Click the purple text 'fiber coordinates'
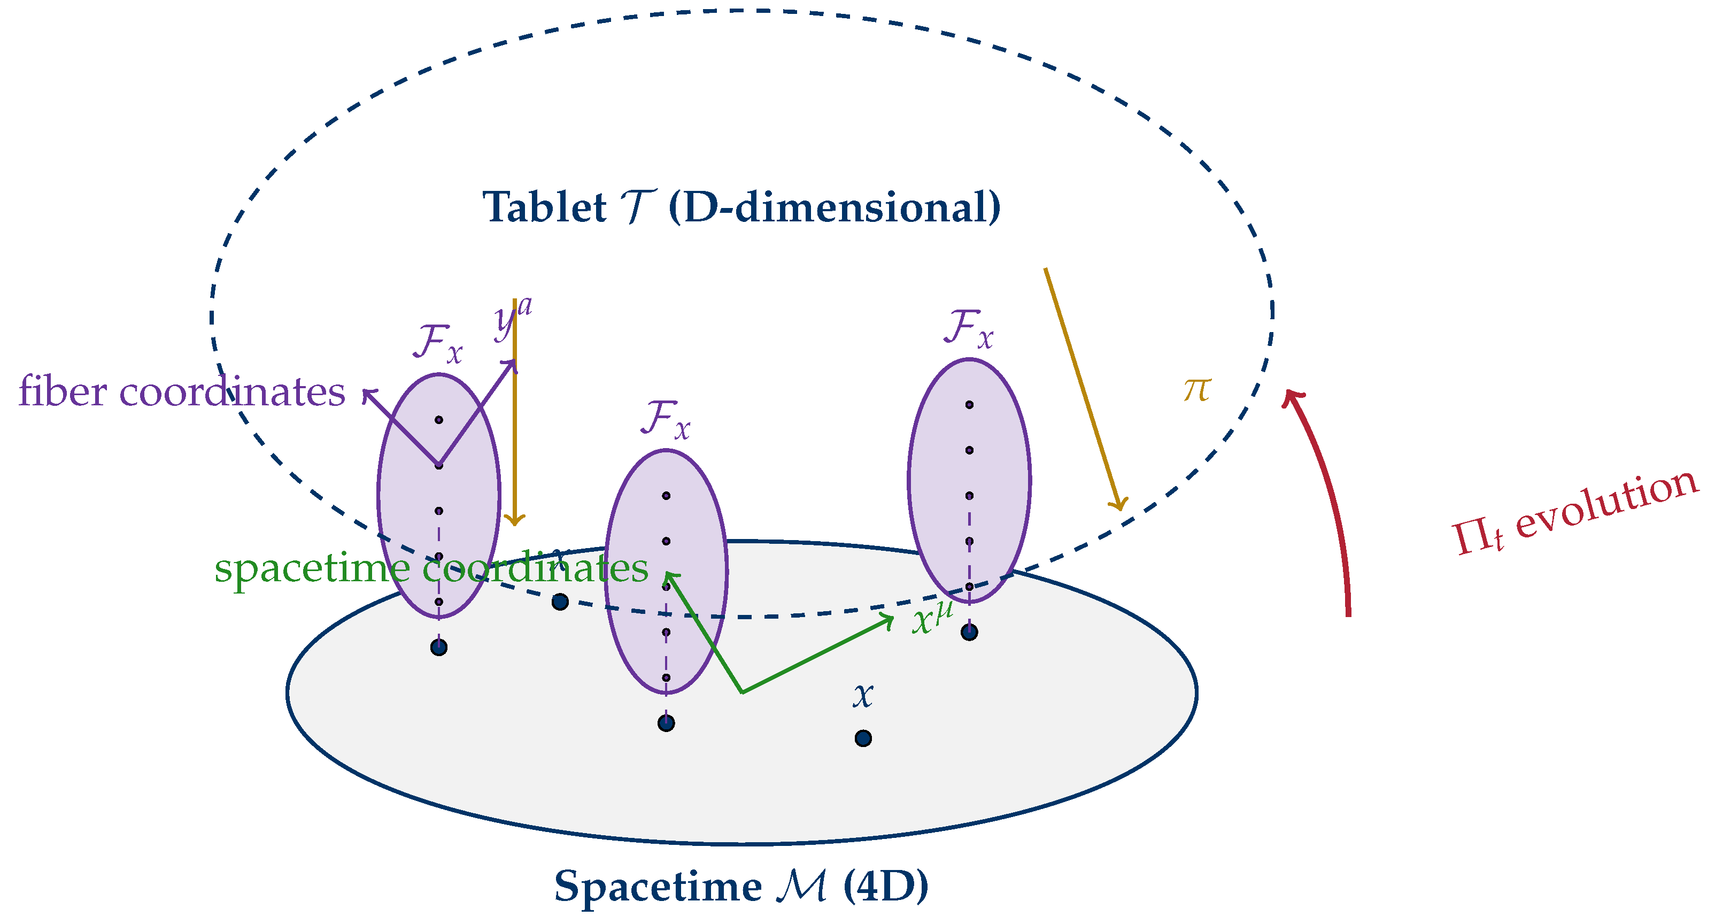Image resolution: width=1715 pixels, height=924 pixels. coord(182,391)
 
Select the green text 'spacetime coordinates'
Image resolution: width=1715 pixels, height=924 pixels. coord(431,568)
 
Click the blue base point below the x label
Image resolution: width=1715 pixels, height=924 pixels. coord(863,738)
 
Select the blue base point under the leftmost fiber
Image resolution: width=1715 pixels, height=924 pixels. coord(439,647)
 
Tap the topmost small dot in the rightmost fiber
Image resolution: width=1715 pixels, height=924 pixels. coord(969,405)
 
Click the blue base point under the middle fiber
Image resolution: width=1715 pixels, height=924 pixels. coord(666,723)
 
